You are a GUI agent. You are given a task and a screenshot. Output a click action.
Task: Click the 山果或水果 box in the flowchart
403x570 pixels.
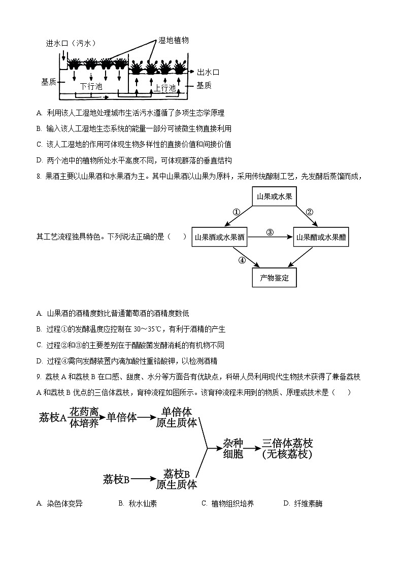(x=274, y=196)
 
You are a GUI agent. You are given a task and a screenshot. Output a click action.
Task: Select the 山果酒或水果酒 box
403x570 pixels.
(x=220, y=237)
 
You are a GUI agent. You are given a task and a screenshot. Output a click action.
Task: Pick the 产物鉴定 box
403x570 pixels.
(x=274, y=277)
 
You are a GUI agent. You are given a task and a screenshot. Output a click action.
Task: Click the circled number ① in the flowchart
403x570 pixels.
(x=236, y=212)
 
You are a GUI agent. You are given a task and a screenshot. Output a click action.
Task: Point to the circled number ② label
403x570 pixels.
(x=309, y=212)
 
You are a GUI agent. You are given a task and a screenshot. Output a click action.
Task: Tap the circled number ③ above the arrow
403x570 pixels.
(x=270, y=232)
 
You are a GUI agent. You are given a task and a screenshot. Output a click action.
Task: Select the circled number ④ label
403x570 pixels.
(x=242, y=260)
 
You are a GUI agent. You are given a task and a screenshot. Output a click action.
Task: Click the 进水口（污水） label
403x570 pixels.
(x=71, y=43)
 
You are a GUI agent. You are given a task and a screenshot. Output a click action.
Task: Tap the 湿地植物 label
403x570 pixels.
(x=174, y=41)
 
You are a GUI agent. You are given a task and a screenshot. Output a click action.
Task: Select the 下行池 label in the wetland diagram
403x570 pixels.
(x=91, y=86)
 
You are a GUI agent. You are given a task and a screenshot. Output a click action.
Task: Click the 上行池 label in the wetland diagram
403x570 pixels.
(x=164, y=88)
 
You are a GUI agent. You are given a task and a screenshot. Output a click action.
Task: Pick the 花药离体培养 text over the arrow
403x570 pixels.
(x=84, y=417)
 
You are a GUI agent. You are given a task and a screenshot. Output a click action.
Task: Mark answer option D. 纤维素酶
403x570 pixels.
(x=303, y=504)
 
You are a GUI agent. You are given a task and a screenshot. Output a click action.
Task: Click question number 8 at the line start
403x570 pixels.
(x=39, y=177)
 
